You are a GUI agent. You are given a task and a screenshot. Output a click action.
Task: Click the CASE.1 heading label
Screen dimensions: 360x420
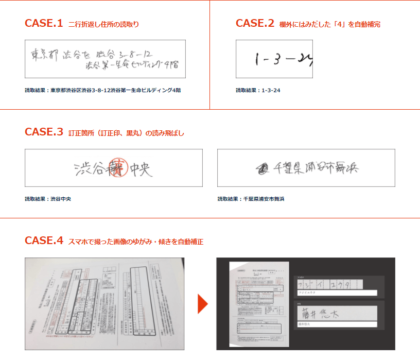(x=44, y=23)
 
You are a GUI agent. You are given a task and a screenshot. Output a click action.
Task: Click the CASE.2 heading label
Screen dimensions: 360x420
(x=255, y=23)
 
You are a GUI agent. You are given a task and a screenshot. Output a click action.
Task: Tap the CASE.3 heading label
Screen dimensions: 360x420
(x=44, y=132)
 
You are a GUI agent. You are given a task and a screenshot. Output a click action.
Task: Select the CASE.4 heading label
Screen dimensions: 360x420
(x=44, y=241)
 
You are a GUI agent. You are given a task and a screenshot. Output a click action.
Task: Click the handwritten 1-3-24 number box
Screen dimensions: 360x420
(x=274, y=59)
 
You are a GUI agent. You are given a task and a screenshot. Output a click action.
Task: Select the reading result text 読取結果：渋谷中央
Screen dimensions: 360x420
(x=48, y=198)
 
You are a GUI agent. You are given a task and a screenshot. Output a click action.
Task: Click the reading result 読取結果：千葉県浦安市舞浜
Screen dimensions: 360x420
(x=251, y=198)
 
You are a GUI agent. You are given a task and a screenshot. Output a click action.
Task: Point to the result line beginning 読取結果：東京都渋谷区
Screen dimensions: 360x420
(x=102, y=90)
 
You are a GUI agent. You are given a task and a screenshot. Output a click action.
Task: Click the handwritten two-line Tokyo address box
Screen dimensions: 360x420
(x=105, y=59)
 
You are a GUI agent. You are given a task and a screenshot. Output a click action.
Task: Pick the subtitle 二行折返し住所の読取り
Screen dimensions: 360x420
(x=103, y=24)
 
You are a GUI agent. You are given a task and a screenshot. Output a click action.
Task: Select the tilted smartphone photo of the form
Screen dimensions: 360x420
(x=104, y=303)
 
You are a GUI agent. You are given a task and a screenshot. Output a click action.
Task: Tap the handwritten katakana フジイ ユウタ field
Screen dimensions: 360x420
(x=329, y=284)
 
